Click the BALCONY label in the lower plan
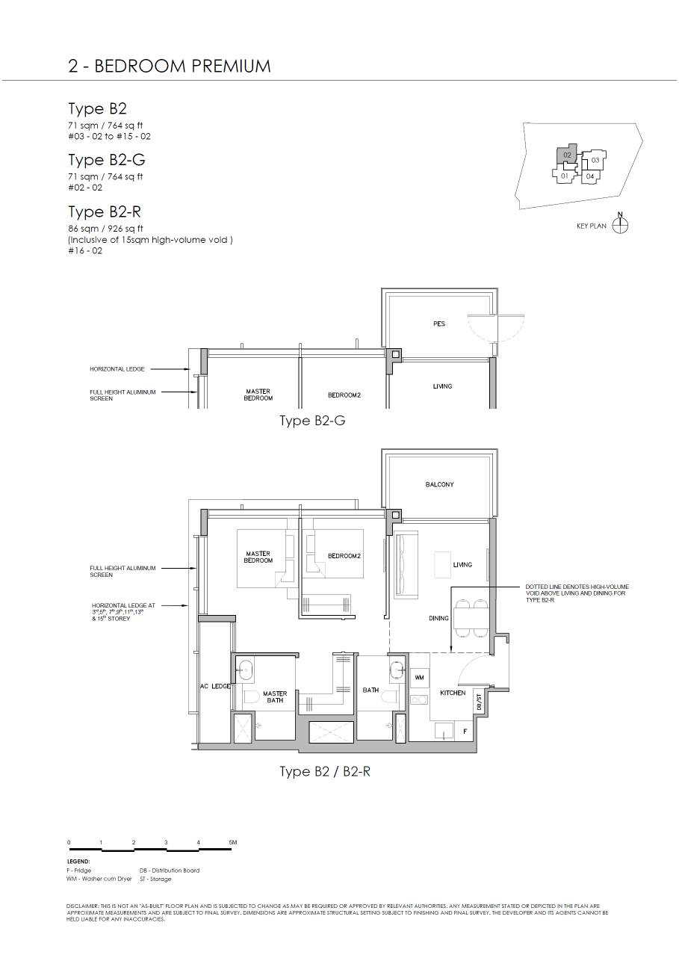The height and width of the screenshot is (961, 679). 439,485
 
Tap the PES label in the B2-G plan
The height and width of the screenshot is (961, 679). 439,324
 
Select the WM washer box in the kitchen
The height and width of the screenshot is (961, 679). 419,676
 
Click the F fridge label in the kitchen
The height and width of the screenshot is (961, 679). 465,732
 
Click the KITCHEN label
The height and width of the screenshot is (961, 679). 453,693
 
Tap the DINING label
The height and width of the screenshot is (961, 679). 438,618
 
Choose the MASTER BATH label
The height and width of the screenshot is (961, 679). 275,696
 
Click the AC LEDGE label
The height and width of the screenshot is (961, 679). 215,686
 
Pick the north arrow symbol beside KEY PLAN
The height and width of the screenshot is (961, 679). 620,224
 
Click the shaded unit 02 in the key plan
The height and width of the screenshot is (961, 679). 567,155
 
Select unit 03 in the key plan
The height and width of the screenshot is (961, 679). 595,160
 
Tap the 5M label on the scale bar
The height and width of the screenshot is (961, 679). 233,842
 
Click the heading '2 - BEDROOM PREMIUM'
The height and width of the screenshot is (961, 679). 170,66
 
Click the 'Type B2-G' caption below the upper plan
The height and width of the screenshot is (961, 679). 312,421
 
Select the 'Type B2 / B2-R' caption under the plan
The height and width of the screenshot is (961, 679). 325,771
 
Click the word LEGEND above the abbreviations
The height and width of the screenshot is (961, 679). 78,861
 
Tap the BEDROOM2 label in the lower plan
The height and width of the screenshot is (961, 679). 344,556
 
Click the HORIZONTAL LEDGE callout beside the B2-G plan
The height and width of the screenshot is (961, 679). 117,369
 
